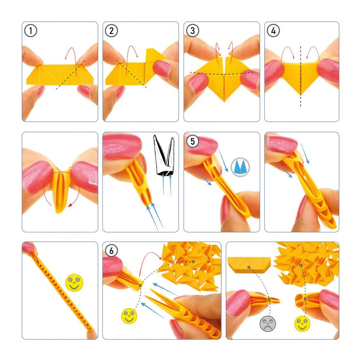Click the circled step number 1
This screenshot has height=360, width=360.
31,31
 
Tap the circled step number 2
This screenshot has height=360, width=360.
111,31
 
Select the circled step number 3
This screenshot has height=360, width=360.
192,31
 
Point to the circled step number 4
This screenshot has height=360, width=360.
273,31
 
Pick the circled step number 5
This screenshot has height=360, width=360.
192,141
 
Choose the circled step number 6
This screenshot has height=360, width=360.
111,251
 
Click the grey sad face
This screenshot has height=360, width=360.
268,324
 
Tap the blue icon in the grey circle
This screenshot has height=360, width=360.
240,167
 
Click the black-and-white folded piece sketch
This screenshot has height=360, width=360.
164,156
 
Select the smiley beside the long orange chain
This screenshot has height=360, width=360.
74,283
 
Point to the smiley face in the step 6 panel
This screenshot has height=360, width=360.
129,316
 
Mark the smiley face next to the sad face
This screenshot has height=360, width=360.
302,324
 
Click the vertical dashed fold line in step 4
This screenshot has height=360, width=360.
300,77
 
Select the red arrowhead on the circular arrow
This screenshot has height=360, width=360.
71,205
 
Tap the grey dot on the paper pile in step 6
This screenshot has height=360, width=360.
193,261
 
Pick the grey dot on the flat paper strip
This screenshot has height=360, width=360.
249,268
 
